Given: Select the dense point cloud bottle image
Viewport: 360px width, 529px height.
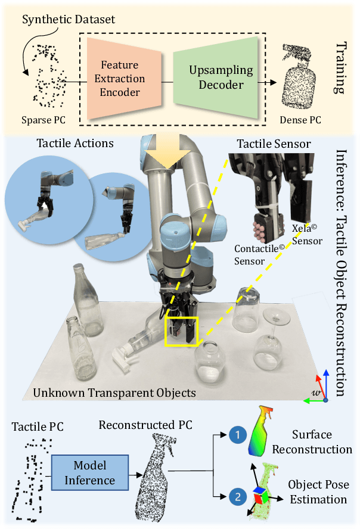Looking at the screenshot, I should click(300, 83).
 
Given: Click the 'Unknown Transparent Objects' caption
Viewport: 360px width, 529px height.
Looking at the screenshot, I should click(114, 393).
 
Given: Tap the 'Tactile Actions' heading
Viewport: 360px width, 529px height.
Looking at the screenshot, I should click(73, 144).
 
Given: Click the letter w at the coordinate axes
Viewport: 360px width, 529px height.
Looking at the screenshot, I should click(315, 393).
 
